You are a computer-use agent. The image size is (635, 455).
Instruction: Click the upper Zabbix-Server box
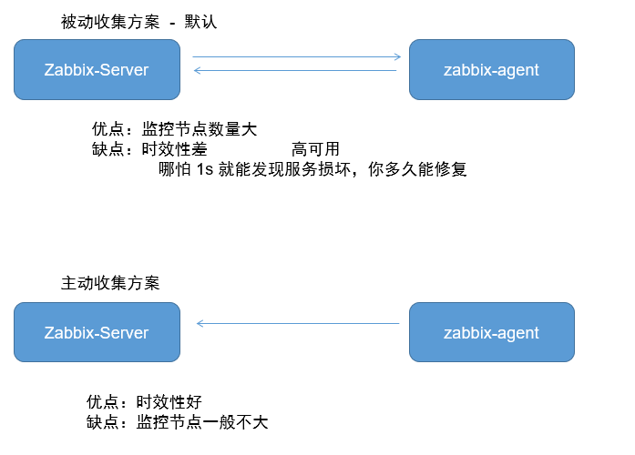tap(97, 70)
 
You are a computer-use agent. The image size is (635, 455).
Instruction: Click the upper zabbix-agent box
tap(491, 70)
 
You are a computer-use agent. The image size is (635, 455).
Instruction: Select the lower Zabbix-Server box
tap(97, 332)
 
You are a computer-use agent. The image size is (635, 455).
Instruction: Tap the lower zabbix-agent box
tap(491, 332)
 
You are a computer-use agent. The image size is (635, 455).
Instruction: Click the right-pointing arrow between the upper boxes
tap(296, 57)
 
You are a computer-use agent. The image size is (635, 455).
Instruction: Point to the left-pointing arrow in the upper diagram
tap(296, 71)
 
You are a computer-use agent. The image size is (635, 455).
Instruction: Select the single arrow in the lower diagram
tap(298, 323)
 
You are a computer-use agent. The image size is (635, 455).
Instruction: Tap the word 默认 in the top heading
tap(200, 22)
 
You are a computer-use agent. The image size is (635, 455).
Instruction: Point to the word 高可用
tap(316, 149)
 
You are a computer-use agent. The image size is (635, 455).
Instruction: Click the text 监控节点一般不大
tap(202, 422)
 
